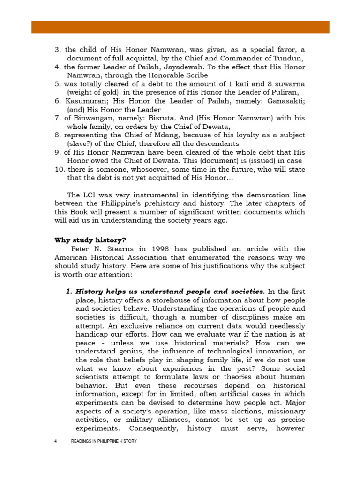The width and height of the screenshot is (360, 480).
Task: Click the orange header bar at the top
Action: click(180, 27)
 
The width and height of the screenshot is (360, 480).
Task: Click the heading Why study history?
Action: click(90, 240)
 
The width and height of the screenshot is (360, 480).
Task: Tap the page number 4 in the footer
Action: click(56, 441)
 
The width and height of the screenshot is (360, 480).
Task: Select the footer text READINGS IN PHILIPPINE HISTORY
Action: click(104, 441)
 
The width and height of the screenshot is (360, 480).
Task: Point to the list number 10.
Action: click(59, 161)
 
